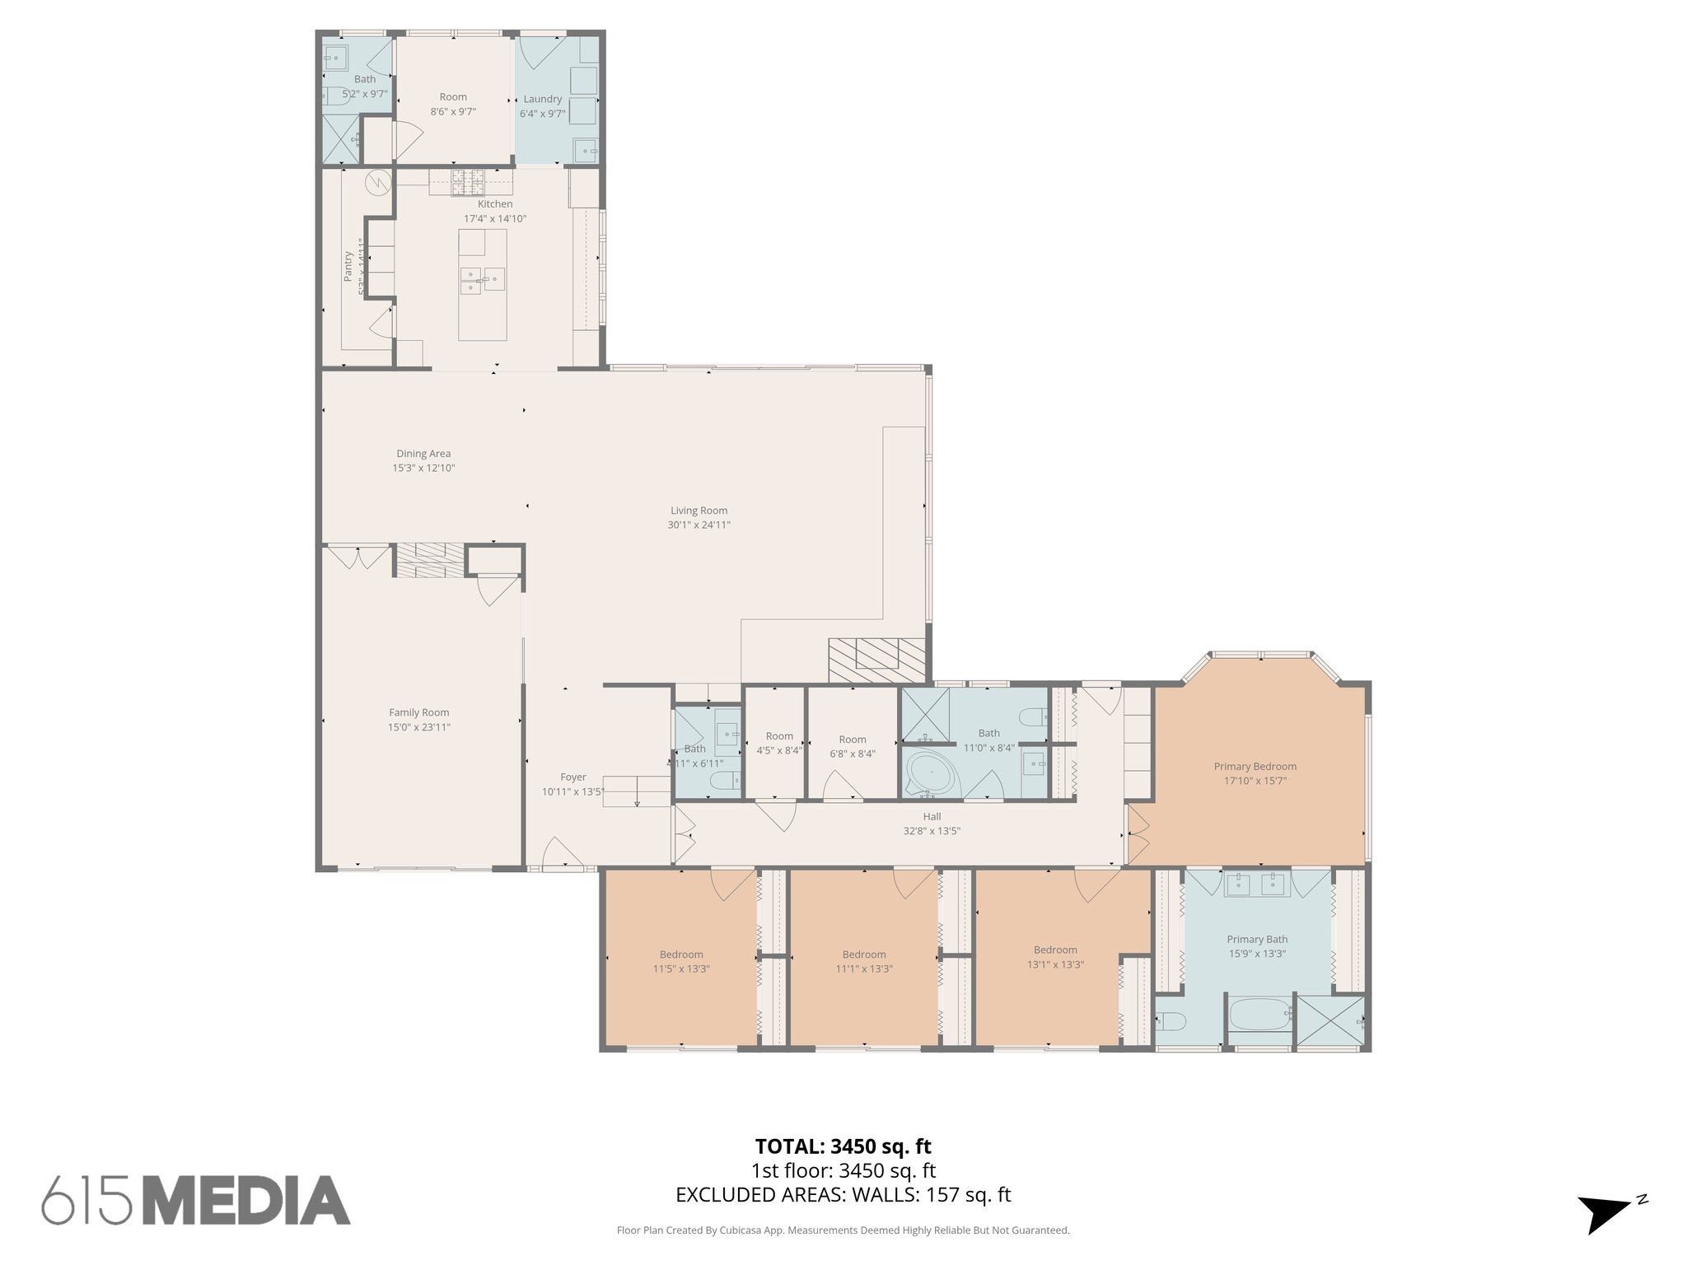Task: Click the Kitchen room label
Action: coord(495,204)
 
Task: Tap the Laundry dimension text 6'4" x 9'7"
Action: coord(542,114)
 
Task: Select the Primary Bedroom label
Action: coord(1255,766)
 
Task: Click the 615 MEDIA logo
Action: coord(196,1200)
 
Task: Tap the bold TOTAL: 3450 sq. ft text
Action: coord(843,1146)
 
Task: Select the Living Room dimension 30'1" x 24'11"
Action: coord(699,525)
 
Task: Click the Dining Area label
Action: coord(423,454)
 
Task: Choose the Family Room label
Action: coord(419,713)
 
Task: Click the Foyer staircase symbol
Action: coord(637,791)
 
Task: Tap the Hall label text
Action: coord(932,817)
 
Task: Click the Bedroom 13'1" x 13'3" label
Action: coord(1055,950)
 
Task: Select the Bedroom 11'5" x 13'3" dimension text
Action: coord(681,969)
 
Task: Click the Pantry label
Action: coord(348,266)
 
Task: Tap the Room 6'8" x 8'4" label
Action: coord(853,740)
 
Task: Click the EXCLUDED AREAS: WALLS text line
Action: coord(843,1194)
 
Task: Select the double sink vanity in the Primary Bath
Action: coord(1257,885)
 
